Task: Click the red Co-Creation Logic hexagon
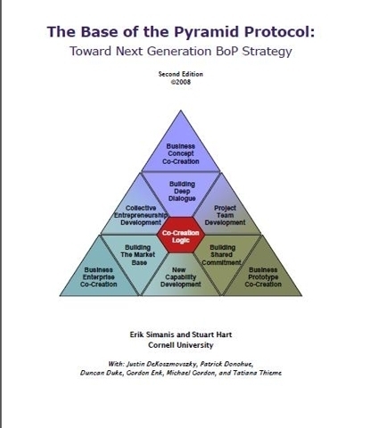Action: pyautogui.click(x=181, y=235)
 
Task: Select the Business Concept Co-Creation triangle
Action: pyautogui.click(x=181, y=149)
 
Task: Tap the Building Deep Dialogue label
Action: pyautogui.click(x=182, y=192)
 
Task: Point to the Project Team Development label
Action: pyautogui.click(x=225, y=215)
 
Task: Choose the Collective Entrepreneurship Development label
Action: pyautogui.click(x=141, y=215)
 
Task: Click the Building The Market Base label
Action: pyautogui.click(x=138, y=255)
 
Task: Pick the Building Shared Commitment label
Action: pyautogui.click(x=222, y=255)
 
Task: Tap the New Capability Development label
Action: pyautogui.click(x=180, y=277)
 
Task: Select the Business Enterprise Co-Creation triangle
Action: pyautogui.click(x=99, y=274)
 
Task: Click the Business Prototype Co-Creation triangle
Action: pyautogui.click(x=262, y=274)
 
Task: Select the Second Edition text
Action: pyautogui.click(x=180, y=74)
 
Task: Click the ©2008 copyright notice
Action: pyautogui.click(x=180, y=82)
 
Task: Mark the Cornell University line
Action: pyautogui.click(x=181, y=345)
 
